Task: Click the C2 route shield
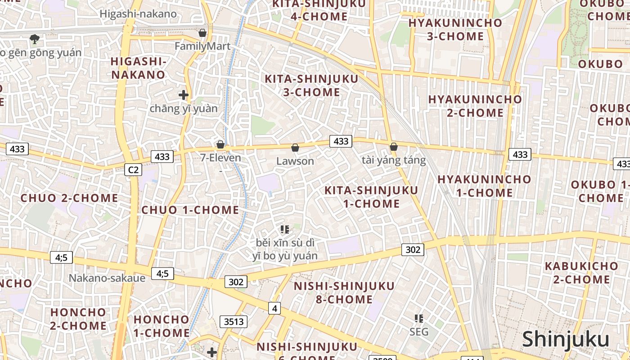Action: point(133,170)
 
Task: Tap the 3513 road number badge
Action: point(234,321)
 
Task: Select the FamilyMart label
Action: point(202,46)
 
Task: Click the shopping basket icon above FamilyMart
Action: point(202,33)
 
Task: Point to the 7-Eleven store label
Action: point(221,158)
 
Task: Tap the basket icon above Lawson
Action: point(295,148)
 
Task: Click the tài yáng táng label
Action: point(394,160)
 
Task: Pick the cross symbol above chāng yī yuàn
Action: point(183,95)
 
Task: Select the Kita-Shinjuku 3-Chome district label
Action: point(311,85)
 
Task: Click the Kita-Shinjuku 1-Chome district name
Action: point(371,197)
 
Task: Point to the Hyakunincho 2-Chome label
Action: point(475,106)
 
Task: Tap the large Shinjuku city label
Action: point(566,339)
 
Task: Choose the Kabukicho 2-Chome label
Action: point(581,273)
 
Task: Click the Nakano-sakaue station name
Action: point(107,278)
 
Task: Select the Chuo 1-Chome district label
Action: point(190,210)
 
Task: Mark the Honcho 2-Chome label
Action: point(78,319)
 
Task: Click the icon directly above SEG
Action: point(419,319)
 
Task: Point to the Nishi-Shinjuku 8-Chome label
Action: point(344,292)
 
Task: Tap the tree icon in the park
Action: point(34,39)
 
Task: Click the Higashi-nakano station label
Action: point(138,14)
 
